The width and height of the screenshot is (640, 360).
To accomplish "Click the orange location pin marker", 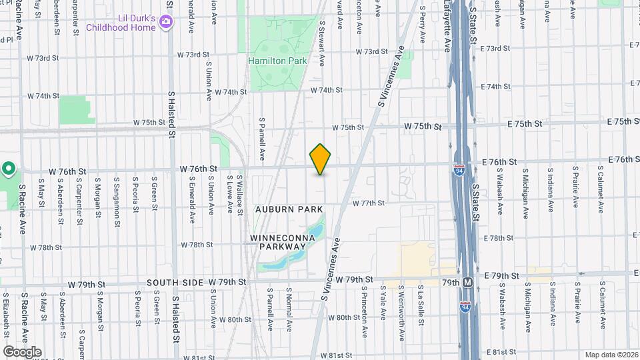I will point(320,159).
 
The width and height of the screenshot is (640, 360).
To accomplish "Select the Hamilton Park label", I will point(277,61).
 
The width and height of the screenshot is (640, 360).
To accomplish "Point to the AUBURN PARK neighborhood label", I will point(289,209).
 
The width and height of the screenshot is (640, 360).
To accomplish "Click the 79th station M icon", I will point(468,282).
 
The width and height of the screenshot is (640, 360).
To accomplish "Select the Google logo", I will point(22,351).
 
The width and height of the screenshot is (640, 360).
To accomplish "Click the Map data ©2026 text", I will point(611,355).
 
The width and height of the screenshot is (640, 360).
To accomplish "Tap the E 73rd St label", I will point(494,48).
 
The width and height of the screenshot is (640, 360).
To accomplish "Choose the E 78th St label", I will point(495,238).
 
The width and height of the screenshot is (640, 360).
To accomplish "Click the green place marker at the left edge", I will point(8,169).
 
